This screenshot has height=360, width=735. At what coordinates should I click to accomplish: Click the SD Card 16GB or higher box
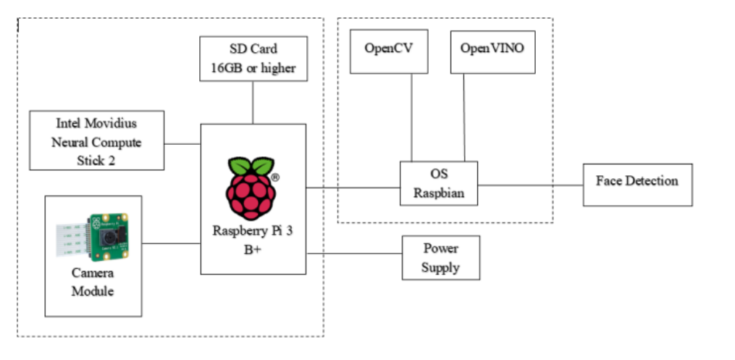(252, 59)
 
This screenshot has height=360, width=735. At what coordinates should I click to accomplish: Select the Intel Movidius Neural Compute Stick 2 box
(96, 141)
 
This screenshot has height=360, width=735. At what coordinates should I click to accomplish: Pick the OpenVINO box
(492, 51)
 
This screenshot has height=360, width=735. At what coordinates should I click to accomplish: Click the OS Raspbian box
(439, 184)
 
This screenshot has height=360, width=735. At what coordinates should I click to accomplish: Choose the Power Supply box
(440, 259)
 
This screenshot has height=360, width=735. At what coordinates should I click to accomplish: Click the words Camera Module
(93, 282)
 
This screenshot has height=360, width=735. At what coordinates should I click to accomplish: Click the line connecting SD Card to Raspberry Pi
(252, 102)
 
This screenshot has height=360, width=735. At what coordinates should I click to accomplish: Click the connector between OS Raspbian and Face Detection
(530, 185)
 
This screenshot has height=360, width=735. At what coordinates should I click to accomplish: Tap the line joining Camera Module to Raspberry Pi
(171, 243)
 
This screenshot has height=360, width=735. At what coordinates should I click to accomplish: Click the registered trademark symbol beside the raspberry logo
(275, 177)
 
